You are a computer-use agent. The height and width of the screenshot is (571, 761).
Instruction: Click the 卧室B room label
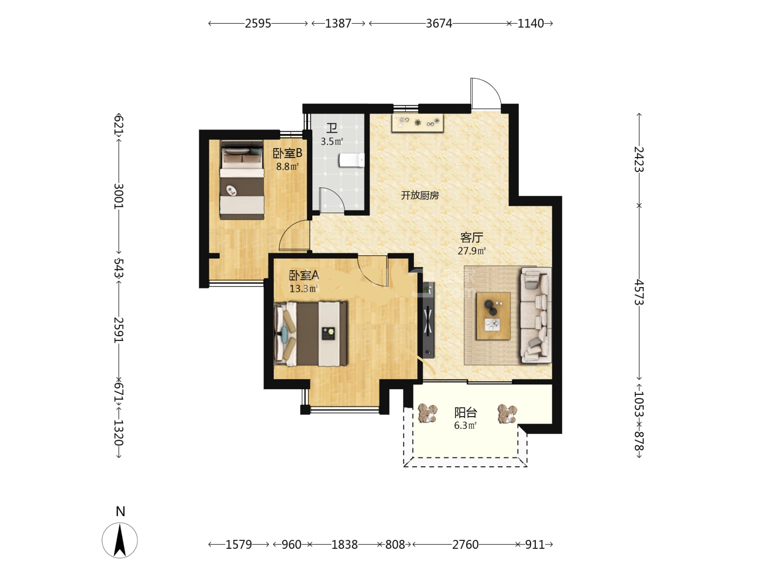pyautogui.click(x=287, y=153)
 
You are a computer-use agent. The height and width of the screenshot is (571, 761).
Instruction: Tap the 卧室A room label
pyautogui.click(x=304, y=275)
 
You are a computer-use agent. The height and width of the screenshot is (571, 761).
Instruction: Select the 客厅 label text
pyautogui.click(x=471, y=237)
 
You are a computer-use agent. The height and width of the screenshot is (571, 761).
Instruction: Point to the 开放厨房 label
pyautogui.click(x=420, y=196)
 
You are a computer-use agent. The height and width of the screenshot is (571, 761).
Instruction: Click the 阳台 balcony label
pyautogui.click(x=466, y=412)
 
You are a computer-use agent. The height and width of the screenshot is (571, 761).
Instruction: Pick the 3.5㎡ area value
pyautogui.click(x=332, y=142)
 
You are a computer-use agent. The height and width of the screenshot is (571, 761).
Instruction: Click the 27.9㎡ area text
pyautogui.click(x=471, y=251)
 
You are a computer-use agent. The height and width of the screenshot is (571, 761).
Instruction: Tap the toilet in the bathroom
pyautogui.click(x=351, y=160)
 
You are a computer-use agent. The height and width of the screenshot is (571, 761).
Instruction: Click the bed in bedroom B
pyautogui.click(x=242, y=180)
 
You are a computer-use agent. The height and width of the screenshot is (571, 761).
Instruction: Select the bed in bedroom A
pyautogui.click(x=310, y=334)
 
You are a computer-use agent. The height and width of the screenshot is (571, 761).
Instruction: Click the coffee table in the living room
pyautogui.click(x=493, y=316)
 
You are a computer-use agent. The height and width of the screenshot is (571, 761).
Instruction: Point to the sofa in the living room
pyautogui.click(x=535, y=315)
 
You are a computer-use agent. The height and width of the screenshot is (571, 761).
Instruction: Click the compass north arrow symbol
pyautogui.click(x=119, y=540)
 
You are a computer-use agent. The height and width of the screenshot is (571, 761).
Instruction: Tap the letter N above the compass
pyautogui.click(x=120, y=511)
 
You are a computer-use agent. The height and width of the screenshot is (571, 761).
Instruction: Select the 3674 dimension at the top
pyautogui.click(x=439, y=23)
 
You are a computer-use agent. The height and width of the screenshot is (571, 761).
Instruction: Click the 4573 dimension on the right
pyautogui.click(x=639, y=292)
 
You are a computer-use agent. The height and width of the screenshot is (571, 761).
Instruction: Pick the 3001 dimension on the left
pyautogui.click(x=118, y=196)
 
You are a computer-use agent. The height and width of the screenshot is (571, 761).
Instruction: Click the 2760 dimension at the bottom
pyautogui.click(x=465, y=545)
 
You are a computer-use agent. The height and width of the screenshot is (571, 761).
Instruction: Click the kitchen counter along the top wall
pyautogui.click(x=418, y=123)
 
